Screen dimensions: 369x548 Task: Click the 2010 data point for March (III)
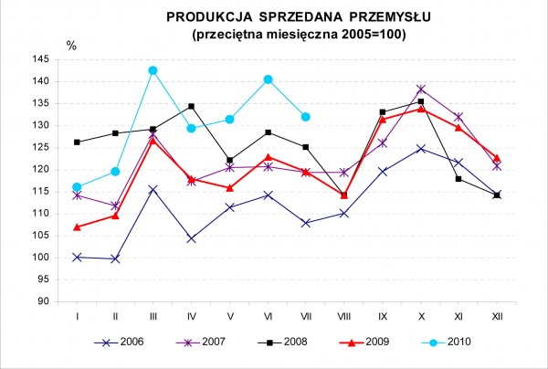pos(153,70)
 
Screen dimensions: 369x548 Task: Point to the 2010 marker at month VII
pos(306,117)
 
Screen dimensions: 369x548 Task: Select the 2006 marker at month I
pos(78,257)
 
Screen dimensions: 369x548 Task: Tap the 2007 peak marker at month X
pos(420,90)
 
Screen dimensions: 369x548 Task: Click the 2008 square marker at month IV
pos(192,107)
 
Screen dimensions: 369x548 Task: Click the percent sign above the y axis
pos(72,45)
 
